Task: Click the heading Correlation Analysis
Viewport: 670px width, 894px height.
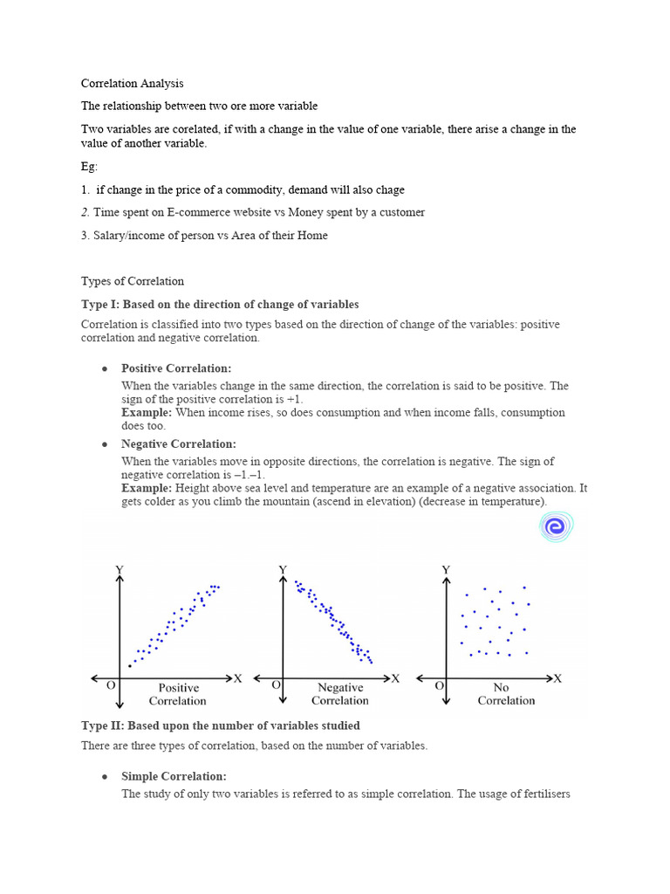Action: (133, 84)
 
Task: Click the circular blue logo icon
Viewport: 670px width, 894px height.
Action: (555, 526)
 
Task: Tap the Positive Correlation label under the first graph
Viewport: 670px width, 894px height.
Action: (178, 694)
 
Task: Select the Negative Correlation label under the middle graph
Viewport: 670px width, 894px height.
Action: (340, 694)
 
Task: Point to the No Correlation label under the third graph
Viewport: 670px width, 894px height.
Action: (506, 694)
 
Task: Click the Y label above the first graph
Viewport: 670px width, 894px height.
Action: (120, 569)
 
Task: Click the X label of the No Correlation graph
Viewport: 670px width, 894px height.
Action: (558, 677)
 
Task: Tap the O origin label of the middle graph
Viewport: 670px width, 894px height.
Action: (276, 685)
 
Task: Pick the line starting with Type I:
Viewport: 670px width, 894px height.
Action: (220, 304)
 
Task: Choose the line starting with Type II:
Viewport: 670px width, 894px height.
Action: (220, 726)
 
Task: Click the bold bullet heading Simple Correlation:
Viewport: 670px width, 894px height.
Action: (174, 776)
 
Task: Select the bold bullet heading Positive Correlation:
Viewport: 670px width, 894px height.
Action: (176, 368)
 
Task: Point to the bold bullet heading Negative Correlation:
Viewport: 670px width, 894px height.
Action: (179, 444)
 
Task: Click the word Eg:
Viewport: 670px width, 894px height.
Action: (90, 166)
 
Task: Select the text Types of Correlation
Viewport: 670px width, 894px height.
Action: (133, 281)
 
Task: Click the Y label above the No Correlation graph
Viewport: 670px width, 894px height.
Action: (446, 569)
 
